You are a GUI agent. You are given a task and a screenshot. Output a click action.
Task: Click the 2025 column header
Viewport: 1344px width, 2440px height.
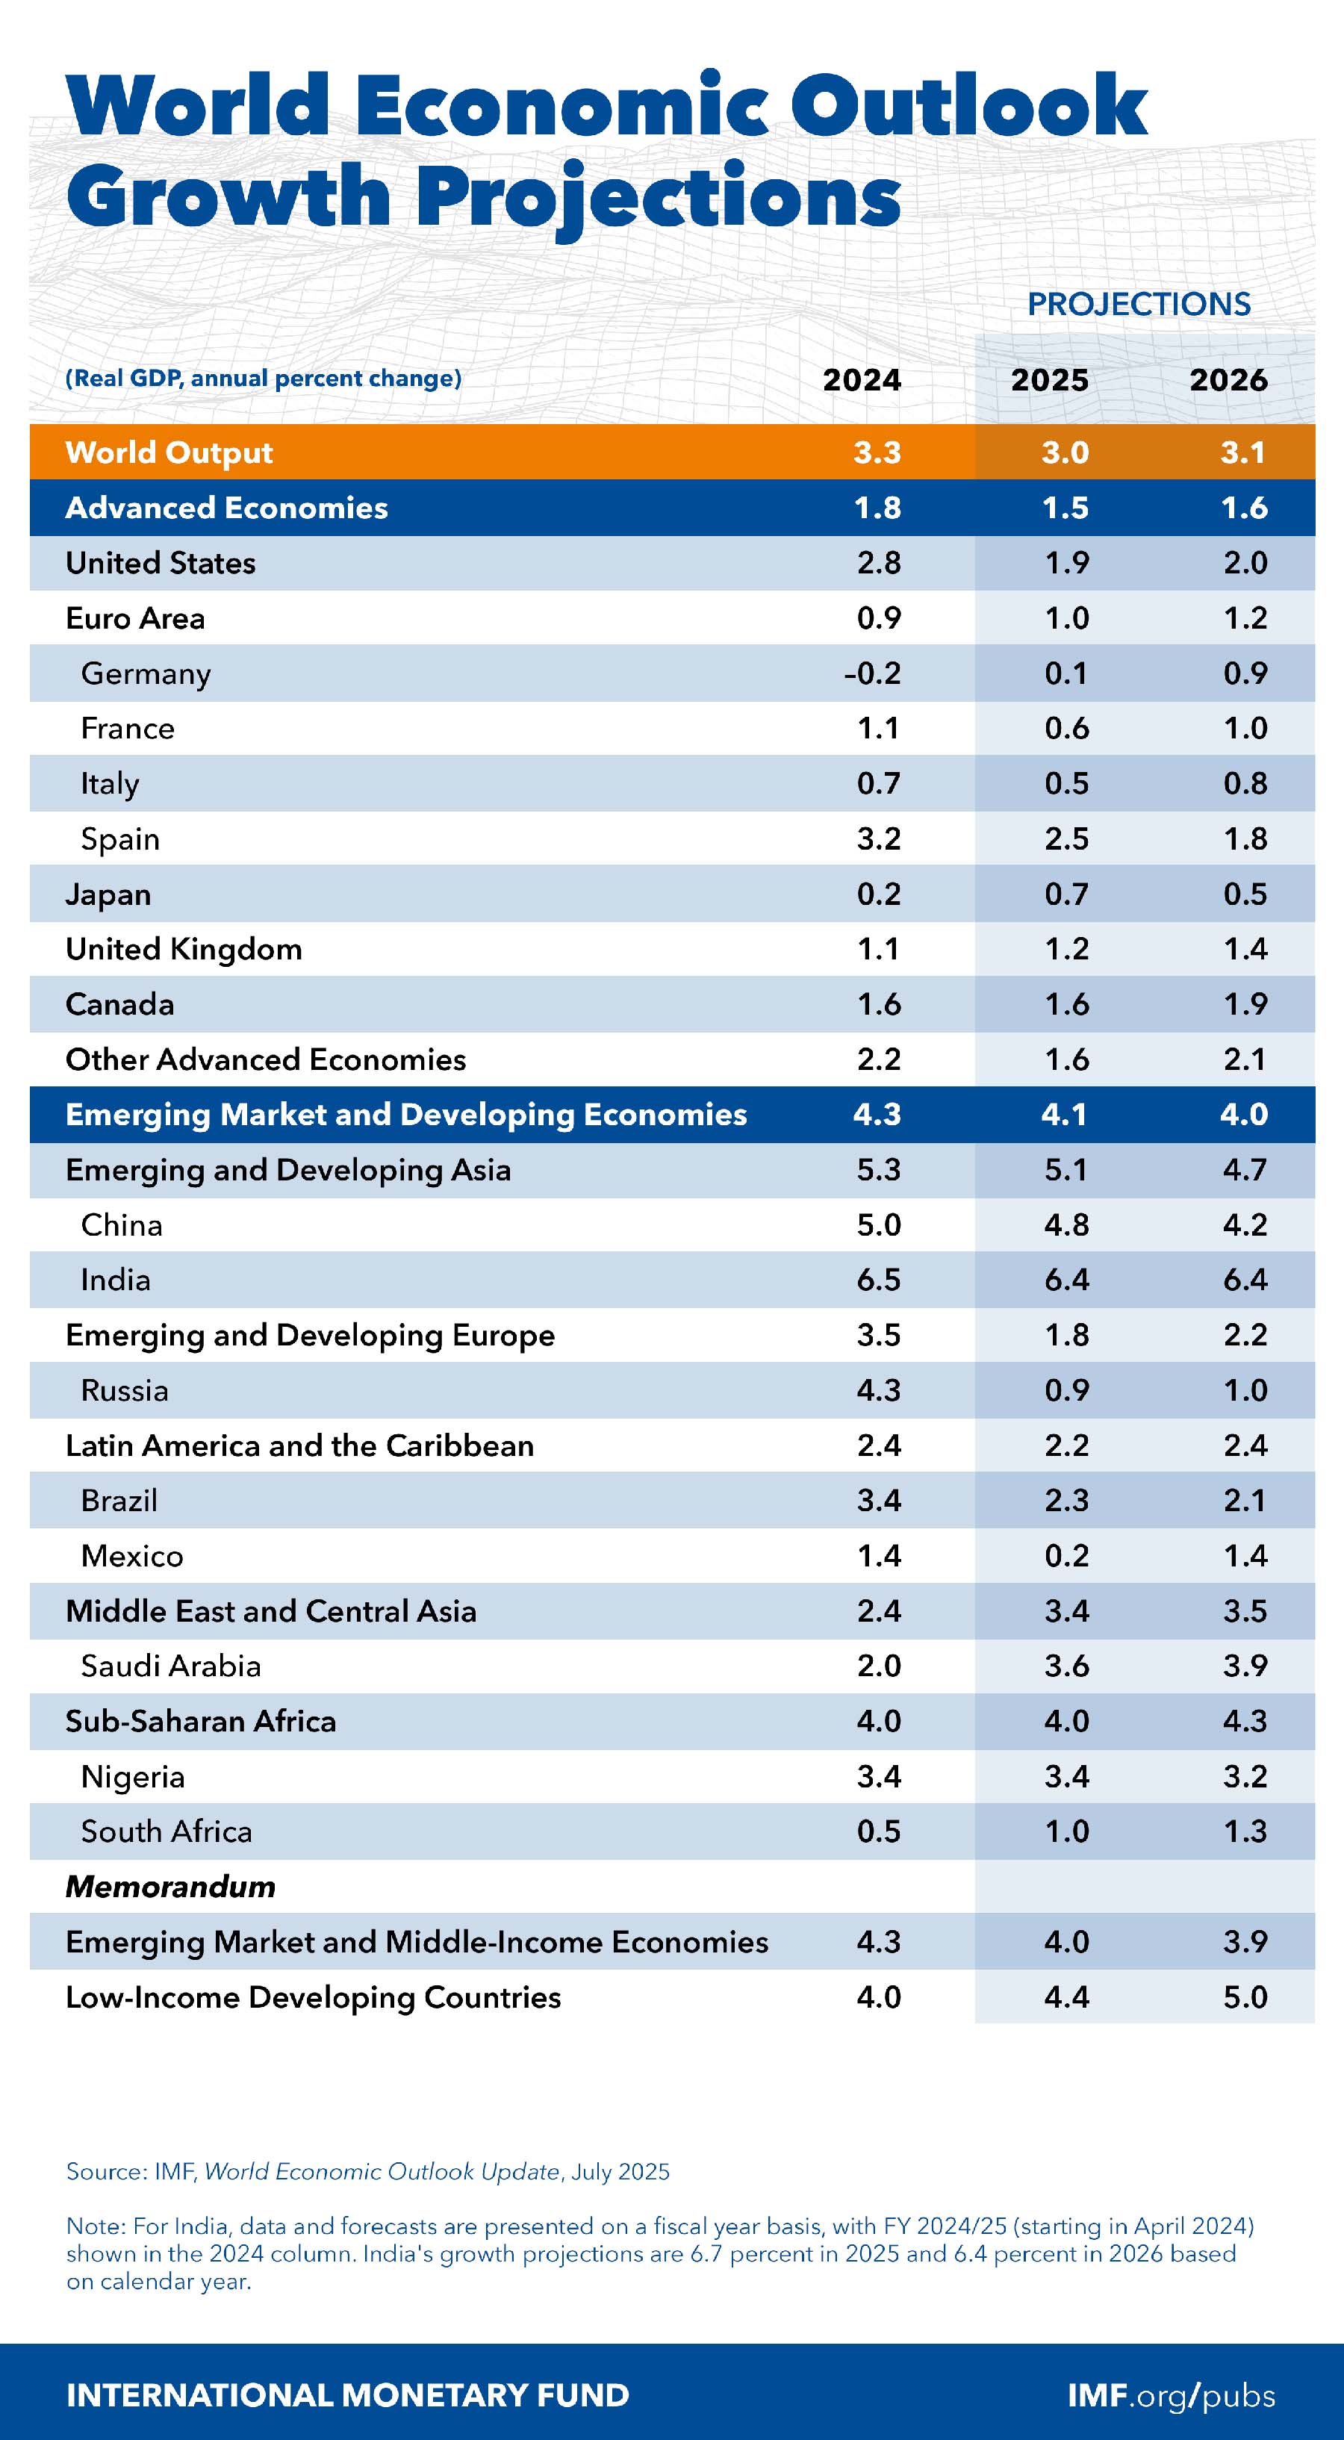1049,380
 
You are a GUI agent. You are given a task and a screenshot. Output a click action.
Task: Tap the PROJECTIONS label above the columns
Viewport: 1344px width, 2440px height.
1139,304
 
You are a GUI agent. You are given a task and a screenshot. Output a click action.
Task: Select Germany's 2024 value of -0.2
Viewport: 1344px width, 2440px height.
872,673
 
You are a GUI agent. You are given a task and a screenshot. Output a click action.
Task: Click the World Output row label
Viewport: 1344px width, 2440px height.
169,452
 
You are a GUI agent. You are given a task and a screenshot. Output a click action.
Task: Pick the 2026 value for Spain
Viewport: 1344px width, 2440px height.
1245,839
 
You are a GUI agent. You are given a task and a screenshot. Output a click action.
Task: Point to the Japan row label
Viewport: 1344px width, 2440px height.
108,894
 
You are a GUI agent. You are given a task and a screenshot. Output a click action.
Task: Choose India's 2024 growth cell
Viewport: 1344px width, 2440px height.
878,1280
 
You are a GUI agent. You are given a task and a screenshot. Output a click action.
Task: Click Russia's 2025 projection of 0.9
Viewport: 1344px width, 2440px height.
1066,1390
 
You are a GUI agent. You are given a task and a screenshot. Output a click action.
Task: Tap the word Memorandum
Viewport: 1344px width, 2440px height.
170,1887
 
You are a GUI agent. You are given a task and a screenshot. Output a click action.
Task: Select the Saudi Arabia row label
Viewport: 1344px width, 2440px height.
170,1666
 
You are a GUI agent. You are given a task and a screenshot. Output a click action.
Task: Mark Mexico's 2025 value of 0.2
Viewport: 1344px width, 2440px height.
1066,1556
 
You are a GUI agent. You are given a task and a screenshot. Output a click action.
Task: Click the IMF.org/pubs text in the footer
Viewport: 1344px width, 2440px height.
1171,2395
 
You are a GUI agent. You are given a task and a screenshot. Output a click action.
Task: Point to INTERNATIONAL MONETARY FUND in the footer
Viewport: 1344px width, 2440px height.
348,2395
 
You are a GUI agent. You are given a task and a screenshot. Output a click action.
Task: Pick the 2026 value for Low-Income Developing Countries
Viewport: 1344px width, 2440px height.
1245,1998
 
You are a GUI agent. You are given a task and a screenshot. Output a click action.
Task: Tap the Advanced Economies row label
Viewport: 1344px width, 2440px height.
226,508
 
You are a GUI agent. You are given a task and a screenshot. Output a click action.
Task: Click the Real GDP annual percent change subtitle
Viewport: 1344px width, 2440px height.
264,379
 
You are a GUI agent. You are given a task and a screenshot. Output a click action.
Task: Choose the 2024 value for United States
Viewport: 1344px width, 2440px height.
878,563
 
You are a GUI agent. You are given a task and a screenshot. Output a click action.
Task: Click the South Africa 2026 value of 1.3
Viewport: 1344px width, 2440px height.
1245,1832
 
